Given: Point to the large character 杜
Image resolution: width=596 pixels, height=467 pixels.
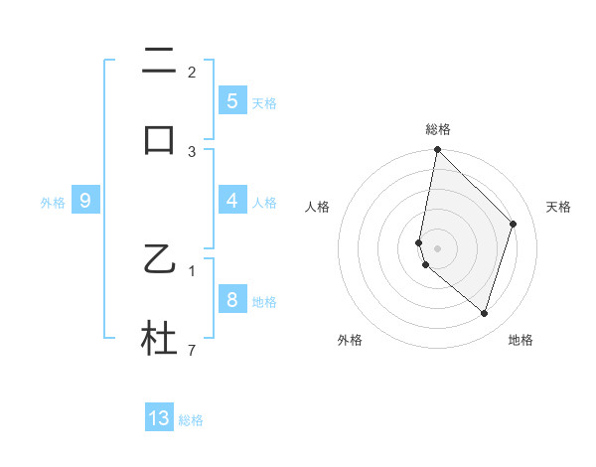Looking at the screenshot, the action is coord(159,338).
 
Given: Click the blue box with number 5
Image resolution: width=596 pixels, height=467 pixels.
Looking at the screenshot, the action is coord(231,101).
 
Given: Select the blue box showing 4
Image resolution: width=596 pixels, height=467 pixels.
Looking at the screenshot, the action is coord(231,201).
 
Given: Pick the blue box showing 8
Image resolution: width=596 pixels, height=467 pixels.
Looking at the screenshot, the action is coord(231,300).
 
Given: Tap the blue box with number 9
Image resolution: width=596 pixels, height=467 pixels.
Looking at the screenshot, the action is coord(85,201).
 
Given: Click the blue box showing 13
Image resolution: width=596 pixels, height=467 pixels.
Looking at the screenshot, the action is coord(159,418).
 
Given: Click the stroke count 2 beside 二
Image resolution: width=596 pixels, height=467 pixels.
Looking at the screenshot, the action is coord(192,73).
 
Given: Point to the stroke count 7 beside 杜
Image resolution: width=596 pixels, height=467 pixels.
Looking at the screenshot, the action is coord(192,351).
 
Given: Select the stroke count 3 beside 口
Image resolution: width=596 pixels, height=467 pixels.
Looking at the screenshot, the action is coord(192,152).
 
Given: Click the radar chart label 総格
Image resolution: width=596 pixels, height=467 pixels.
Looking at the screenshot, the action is coord(437,129).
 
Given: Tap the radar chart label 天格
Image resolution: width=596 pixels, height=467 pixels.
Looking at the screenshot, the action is coord(558,207).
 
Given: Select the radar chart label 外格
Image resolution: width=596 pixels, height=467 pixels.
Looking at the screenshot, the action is coord(350,340).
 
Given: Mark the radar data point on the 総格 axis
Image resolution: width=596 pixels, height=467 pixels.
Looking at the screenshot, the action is coord(437,149).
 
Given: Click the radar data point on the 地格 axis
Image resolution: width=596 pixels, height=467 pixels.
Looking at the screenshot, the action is coord(484,313).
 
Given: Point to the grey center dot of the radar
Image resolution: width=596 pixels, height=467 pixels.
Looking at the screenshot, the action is coord(437,247).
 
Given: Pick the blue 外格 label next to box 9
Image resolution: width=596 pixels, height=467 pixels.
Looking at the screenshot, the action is coord(53,203).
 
